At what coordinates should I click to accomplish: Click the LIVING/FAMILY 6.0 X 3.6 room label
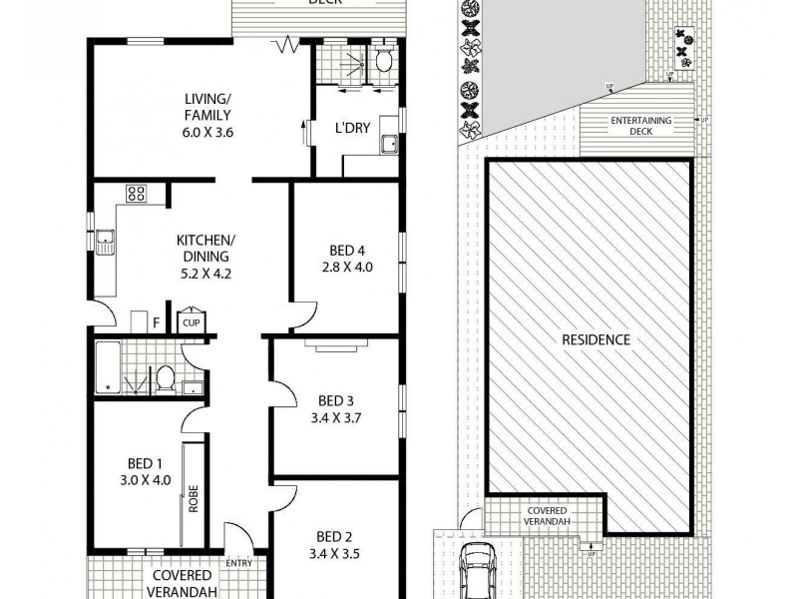[207, 114]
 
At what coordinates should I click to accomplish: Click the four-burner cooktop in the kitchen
[137, 194]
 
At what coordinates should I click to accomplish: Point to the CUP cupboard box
[190, 322]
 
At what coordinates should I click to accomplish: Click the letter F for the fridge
[156, 320]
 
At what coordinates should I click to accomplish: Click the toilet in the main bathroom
[167, 377]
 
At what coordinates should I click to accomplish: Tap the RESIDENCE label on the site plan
[596, 339]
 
